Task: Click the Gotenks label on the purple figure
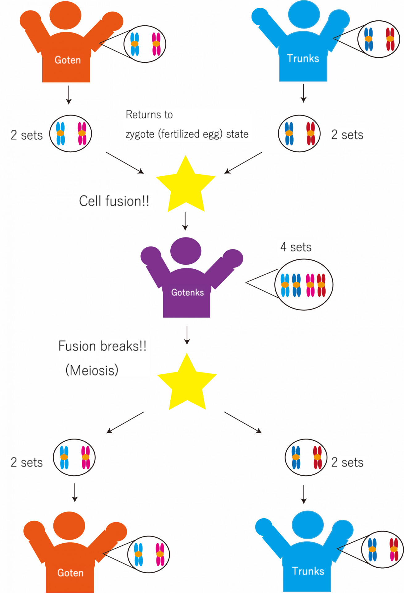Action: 187,292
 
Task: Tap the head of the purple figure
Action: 186,251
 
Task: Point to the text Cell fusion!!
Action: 114,201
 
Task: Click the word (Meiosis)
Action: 92,370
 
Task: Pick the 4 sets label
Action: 296,247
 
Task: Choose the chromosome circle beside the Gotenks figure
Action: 304,284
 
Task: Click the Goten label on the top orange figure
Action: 68,60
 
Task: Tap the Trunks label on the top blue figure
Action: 303,58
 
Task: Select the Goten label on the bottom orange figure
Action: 70,573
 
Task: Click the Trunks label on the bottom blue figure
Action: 308,571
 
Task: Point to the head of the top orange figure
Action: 65,15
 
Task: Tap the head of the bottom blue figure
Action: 308,525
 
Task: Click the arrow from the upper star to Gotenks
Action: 185,221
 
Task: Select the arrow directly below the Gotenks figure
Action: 187,335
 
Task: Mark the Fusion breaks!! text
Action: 102,346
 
